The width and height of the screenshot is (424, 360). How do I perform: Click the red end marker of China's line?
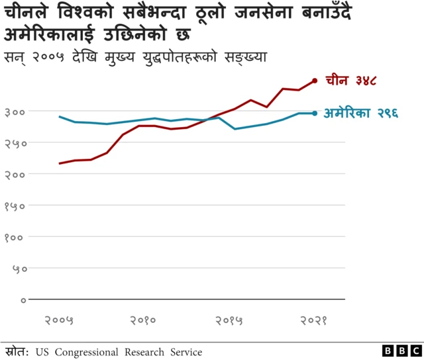click(x=315, y=81)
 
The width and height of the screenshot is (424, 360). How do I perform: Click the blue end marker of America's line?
click(x=315, y=113)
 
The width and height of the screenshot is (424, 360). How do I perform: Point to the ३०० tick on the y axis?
click(x=15, y=111)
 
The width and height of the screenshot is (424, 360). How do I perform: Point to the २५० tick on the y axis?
click(x=15, y=142)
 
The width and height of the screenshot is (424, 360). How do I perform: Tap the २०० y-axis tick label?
click(x=15, y=174)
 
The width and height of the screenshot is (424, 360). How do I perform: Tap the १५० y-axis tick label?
click(x=15, y=206)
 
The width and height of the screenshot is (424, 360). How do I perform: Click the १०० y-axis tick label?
click(x=15, y=237)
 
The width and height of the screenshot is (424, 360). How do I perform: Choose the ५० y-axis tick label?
click(x=18, y=269)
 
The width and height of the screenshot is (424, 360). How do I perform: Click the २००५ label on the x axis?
click(x=59, y=321)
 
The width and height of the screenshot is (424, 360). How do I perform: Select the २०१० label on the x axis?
click(x=142, y=321)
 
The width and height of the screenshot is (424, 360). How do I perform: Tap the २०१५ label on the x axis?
click(x=229, y=321)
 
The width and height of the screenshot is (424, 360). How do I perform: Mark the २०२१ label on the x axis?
click(x=313, y=321)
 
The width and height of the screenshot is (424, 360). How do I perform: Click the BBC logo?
click(x=400, y=351)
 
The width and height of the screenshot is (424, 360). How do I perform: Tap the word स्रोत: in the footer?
click(x=16, y=351)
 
